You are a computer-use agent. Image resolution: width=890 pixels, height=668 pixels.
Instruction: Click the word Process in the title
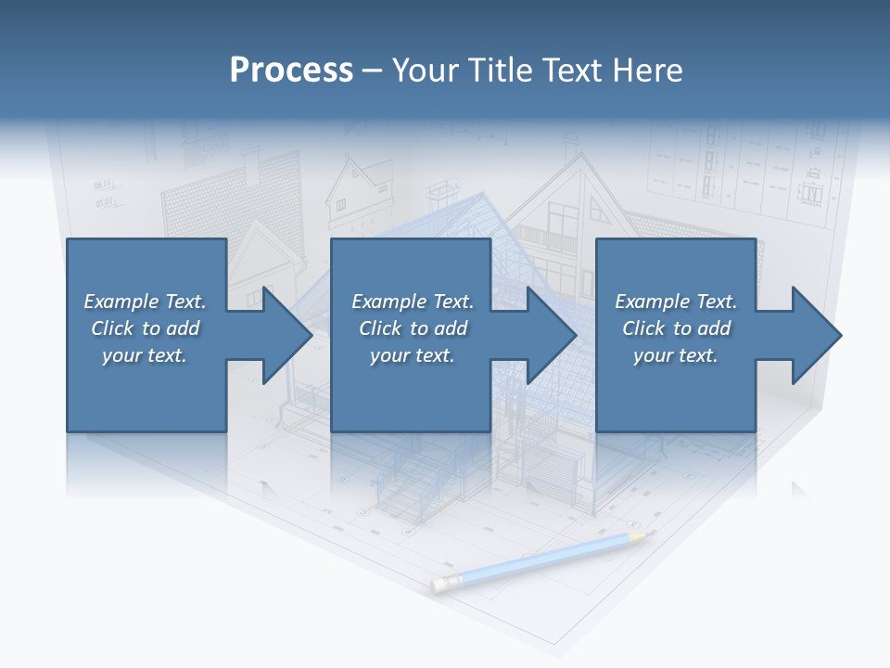(x=291, y=70)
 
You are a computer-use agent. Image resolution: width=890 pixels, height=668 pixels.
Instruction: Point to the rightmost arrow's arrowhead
(x=817, y=335)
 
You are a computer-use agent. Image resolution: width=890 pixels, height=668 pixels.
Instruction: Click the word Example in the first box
(x=121, y=302)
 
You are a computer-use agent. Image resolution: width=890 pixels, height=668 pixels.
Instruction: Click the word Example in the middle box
(x=388, y=302)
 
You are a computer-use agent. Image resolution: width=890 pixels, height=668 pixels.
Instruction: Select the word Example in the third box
(x=652, y=302)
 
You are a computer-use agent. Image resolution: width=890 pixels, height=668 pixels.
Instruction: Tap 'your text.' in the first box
(x=145, y=355)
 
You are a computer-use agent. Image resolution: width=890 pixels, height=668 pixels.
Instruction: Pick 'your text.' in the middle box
(x=412, y=355)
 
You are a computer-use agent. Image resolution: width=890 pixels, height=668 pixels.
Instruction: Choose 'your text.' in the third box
(x=675, y=355)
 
